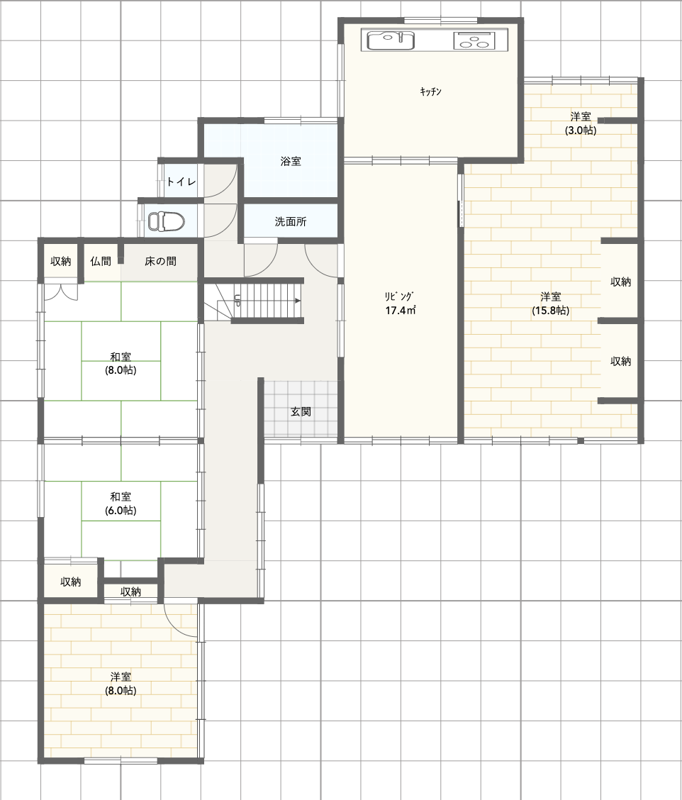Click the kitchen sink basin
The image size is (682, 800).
(391, 40)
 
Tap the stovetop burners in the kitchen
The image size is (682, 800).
(474, 40)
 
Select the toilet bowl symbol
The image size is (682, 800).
(167, 221)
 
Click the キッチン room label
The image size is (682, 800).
(430, 91)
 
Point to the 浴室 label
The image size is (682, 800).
(291, 161)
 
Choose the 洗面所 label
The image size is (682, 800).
(291, 221)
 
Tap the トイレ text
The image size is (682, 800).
(181, 181)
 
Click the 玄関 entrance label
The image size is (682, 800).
(301, 411)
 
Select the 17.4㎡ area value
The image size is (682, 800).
(401, 310)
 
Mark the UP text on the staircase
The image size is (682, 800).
(237, 300)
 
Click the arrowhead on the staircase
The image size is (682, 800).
(297, 301)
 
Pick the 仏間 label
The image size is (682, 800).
(101, 261)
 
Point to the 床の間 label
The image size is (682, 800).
(161, 261)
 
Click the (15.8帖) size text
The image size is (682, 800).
(550, 310)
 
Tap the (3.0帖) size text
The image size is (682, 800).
(581, 130)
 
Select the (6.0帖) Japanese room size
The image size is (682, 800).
(121, 510)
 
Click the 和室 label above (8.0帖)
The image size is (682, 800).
(121, 357)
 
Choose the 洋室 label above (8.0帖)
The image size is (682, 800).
(121, 677)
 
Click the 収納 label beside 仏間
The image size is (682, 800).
(61, 261)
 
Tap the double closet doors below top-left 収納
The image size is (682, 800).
(61, 291)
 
